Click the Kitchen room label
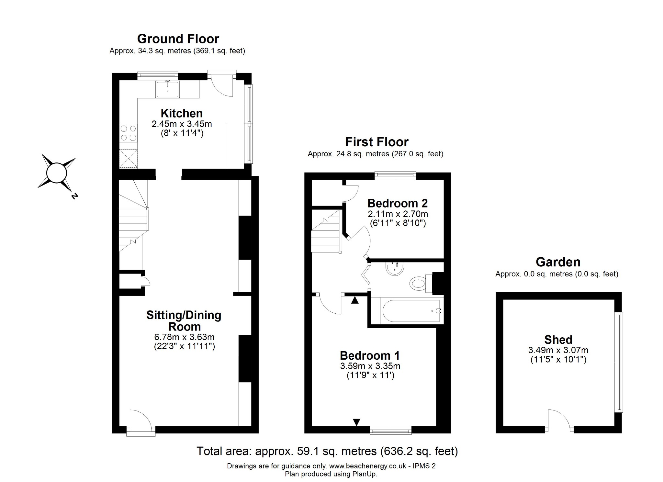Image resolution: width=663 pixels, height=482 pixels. click(182, 113)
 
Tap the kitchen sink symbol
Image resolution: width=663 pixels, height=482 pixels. click(167, 89)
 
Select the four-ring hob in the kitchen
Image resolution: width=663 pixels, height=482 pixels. click(128, 133)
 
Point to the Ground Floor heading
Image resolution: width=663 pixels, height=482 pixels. click(178, 39)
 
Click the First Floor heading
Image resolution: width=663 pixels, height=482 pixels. click(376, 142)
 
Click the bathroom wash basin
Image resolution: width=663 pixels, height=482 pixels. click(395, 269)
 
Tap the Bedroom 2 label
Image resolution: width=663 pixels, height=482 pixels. click(398, 203)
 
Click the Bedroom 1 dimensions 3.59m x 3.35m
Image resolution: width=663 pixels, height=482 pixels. click(370, 366)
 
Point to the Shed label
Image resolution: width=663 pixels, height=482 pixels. click(558, 340)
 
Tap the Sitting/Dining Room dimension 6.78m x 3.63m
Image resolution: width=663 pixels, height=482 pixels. click(184, 337)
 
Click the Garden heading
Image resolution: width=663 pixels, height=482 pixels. click(558, 262)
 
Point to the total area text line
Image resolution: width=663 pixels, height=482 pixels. click(327, 451)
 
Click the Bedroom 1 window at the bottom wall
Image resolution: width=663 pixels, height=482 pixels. click(390, 430)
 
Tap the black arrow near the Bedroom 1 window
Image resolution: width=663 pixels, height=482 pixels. click(356, 422)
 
